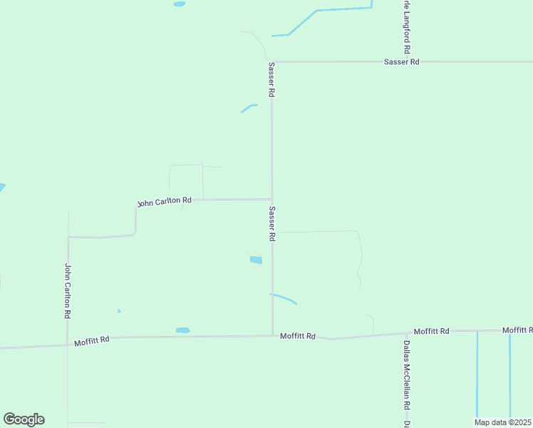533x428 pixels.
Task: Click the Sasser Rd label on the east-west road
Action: tap(401, 62)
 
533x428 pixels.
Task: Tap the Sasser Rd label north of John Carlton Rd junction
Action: tap(271, 79)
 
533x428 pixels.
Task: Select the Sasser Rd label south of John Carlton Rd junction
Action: tap(272, 224)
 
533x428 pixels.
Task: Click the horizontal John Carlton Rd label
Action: tap(165, 202)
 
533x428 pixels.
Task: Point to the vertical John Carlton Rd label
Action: tap(68, 291)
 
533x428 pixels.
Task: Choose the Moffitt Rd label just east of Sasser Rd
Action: tap(297, 335)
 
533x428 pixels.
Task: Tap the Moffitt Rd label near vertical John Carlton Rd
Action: tap(92, 341)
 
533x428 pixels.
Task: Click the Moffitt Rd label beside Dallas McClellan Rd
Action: tap(432, 331)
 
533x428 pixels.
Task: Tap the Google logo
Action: tap(24, 419)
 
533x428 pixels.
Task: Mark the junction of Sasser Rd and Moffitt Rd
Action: tap(272, 335)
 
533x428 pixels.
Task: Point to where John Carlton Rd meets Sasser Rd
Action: tap(271, 199)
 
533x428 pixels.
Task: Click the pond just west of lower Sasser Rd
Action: tap(256, 260)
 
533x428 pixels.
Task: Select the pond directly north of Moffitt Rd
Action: tap(182, 330)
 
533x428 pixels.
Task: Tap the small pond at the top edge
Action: tap(180, 4)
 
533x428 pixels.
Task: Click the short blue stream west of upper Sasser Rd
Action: tap(249, 108)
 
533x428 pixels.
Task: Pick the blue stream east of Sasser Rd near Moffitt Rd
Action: tap(284, 298)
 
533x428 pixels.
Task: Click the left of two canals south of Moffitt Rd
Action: tap(477, 374)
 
